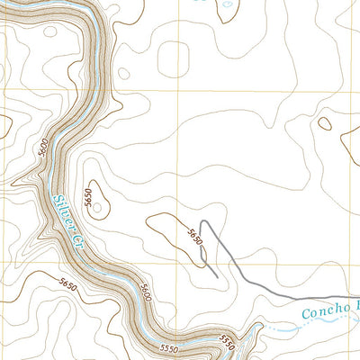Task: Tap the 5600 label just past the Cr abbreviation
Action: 145,293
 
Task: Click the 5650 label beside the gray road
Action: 193,235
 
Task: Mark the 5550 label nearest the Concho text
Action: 227,341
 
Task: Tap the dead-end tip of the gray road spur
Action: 215,270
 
